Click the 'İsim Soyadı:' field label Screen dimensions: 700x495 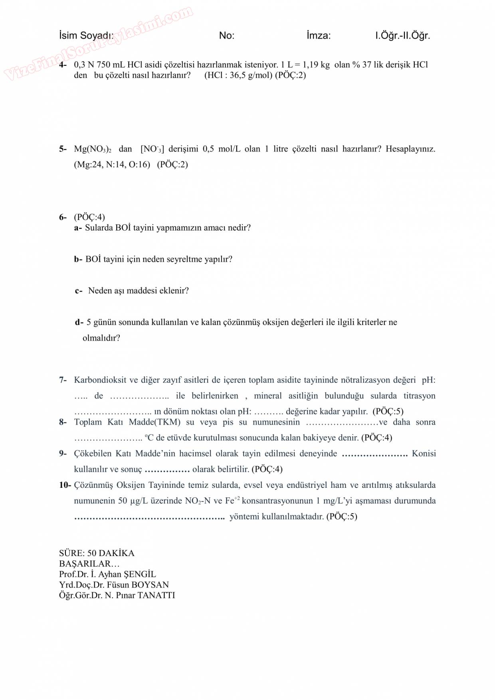pos(86,35)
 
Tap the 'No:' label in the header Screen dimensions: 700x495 pos(227,35)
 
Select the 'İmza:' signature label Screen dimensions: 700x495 pos(319,35)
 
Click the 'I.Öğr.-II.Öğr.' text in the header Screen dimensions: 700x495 pos(402,35)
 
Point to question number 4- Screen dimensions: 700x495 pos(63,65)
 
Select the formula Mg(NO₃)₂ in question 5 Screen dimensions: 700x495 pos(93,149)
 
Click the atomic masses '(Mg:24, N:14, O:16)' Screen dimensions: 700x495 pos(112,165)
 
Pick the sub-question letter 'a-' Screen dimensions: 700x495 pos(78,228)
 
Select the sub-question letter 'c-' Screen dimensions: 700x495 pos(79,291)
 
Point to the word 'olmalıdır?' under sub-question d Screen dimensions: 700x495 pos(101,338)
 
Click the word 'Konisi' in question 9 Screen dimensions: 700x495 pos(424,454)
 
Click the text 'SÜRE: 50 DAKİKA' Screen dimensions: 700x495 pos(97,553)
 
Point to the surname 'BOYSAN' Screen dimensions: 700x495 pos(150,585)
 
